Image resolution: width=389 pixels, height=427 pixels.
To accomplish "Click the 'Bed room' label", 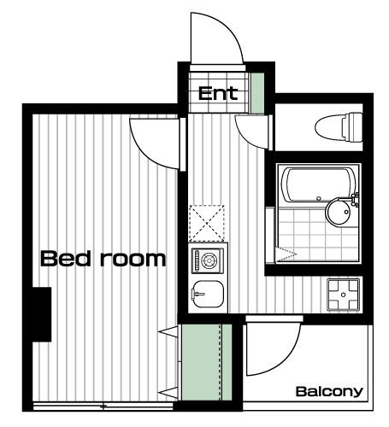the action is click(103, 258).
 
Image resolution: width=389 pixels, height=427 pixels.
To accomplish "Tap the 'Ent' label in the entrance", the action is click(218, 94).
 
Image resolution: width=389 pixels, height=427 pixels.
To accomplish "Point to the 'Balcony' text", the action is click(329, 392).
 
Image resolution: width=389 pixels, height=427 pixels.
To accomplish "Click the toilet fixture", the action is click(339, 127).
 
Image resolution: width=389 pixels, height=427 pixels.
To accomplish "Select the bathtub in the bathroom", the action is click(318, 185).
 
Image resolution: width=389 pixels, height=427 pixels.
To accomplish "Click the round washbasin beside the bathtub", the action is click(339, 212).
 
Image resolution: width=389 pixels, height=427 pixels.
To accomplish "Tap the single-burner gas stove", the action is click(208, 260).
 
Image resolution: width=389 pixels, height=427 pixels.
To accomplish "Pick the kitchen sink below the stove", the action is click(208, 294).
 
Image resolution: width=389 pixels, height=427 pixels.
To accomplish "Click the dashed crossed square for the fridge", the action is click(207, 223).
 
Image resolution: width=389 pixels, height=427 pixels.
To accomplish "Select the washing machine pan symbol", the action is click(344, 295).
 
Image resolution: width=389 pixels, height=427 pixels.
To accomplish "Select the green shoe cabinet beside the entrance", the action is click(257, 93).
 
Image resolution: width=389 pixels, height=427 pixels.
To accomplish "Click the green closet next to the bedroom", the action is click(207, 362).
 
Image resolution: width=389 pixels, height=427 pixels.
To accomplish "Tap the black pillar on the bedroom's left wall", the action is click(42, 314).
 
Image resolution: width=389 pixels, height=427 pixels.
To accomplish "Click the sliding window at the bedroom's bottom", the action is click(103, 407).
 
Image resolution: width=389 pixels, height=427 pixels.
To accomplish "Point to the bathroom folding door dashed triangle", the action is click(286, 254).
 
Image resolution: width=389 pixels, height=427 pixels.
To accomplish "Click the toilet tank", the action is click(352, 127).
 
